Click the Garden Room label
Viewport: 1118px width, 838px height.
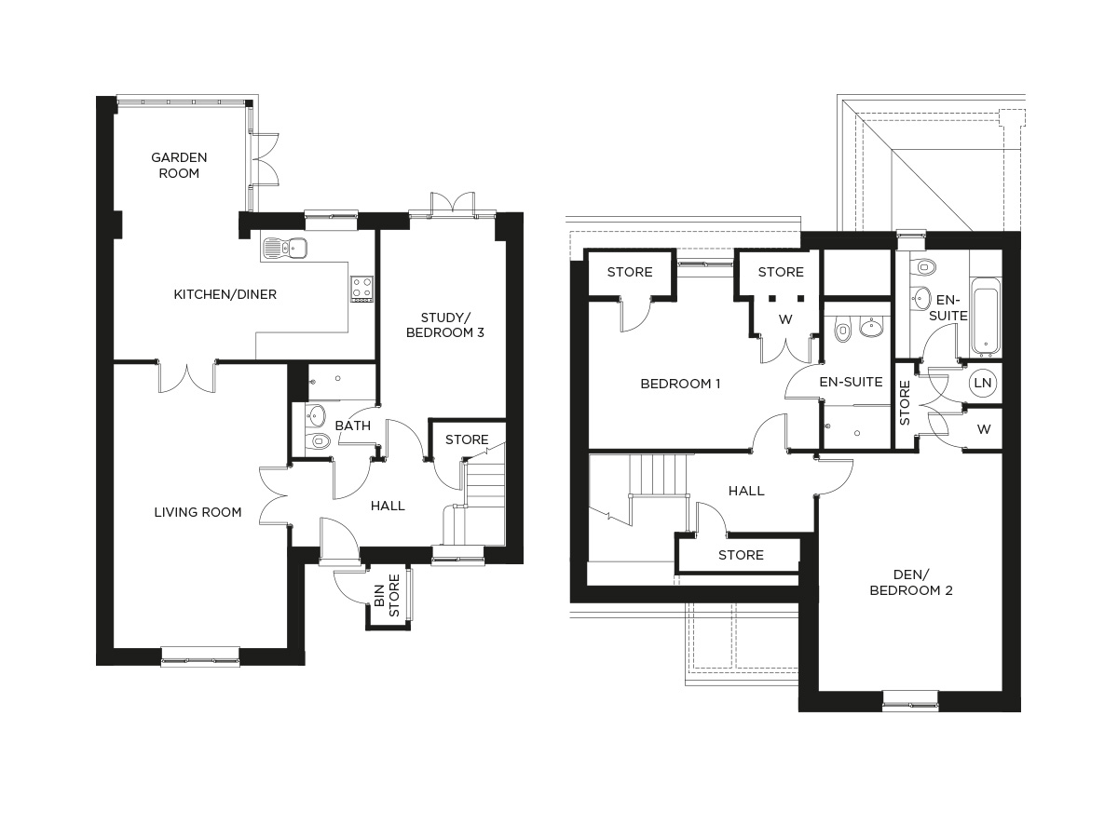pos(179,165)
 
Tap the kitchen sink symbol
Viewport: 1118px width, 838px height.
pos(285,248)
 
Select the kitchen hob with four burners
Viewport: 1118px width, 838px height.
pos(361,288)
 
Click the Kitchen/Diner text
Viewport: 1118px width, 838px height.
pos(225,294)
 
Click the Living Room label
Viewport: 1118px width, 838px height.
pos(198,511)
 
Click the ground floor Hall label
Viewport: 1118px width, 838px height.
pos(388,506)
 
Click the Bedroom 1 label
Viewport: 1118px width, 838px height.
pos(679,384)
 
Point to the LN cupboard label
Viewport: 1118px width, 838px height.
pos(982,384)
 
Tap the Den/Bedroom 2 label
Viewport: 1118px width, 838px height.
pos(897,582)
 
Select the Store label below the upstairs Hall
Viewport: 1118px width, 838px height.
pos(741,555)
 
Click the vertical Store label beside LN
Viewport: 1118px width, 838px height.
pos(904,402)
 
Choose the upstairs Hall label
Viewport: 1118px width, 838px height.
pos(746,491)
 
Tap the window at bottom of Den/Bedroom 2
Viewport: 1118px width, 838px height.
pos(910,700)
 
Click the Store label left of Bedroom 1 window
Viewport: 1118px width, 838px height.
pos(630,272)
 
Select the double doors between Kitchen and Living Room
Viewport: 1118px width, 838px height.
pos(187,375)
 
